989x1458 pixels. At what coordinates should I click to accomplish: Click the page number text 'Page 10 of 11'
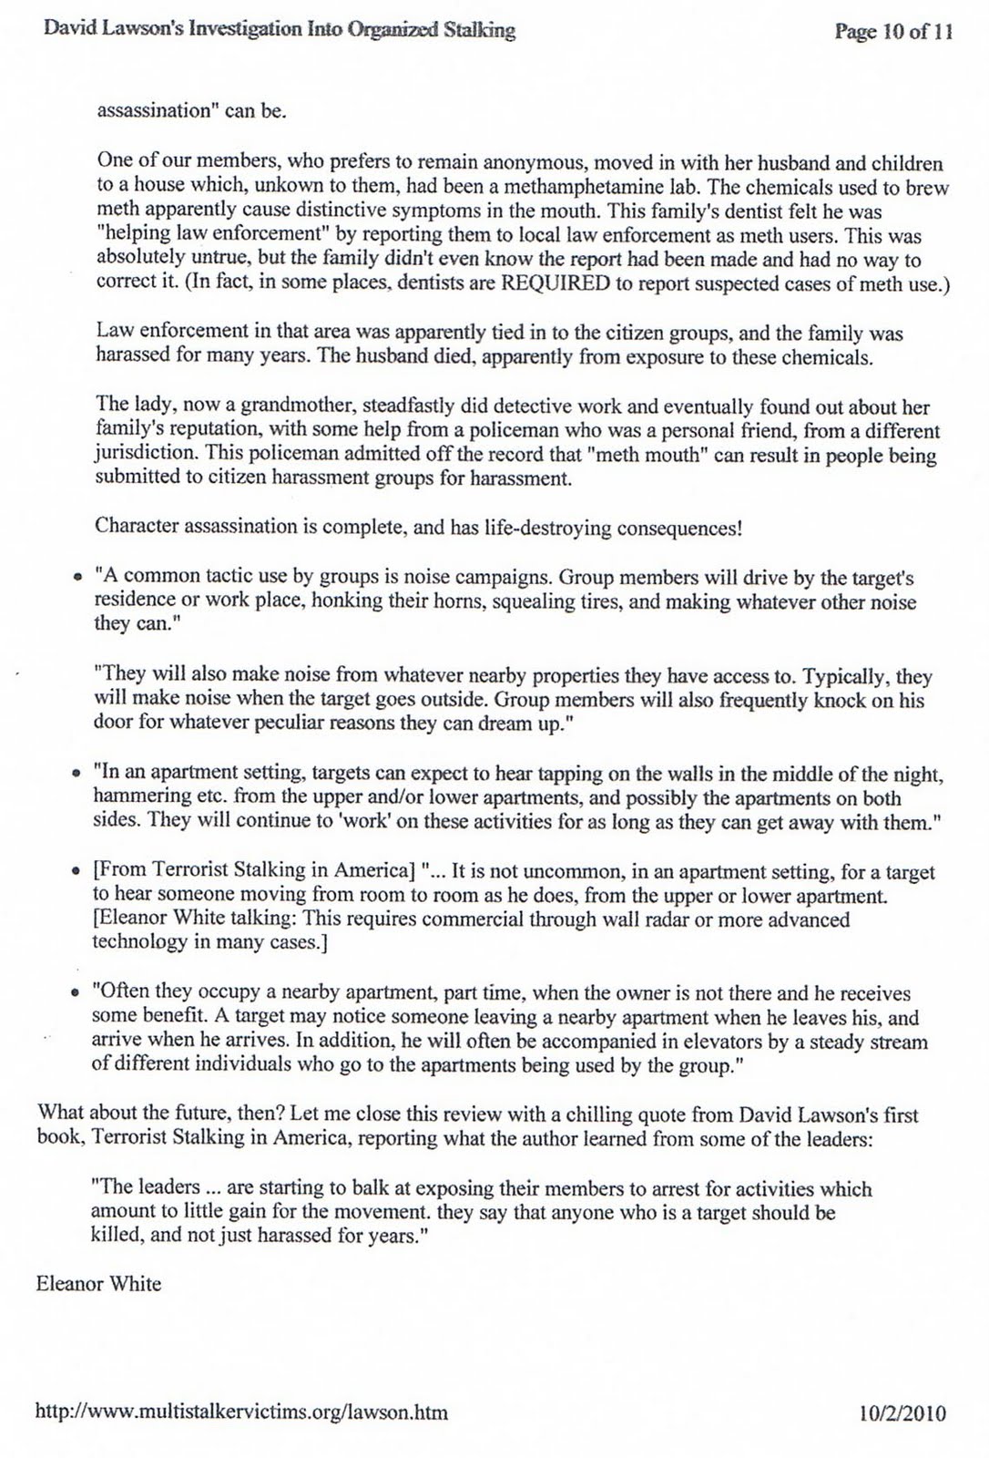pos(893,32)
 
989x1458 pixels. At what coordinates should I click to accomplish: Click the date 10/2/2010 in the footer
pos(902,1413)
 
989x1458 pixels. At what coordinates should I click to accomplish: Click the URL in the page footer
pos(241,1413)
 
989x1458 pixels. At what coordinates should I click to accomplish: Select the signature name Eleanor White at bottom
pos(98,1284)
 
